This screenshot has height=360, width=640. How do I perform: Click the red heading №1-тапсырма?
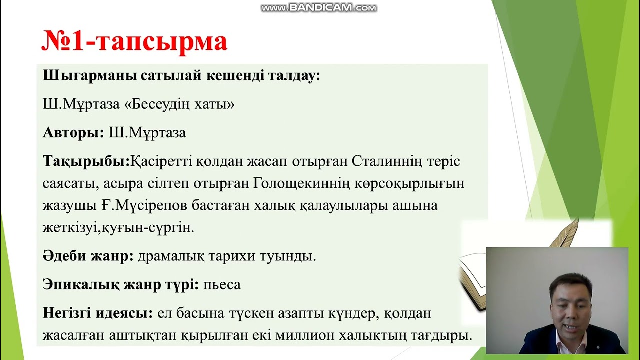134,41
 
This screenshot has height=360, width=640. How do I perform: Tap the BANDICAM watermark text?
319,8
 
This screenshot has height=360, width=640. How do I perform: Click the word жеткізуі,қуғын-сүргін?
118,228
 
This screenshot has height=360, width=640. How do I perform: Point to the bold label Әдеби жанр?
88,257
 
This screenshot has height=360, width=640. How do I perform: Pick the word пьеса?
222,285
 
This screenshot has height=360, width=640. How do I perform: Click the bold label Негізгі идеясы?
98,314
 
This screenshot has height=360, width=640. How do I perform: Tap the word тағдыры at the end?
445,336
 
